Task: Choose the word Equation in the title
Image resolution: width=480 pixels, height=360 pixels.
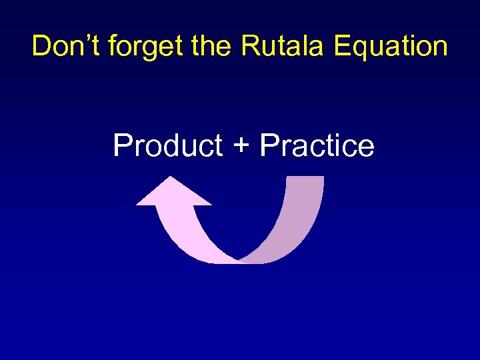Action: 391,46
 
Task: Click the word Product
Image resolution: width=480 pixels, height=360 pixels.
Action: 167,145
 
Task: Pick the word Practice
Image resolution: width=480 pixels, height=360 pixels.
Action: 317,145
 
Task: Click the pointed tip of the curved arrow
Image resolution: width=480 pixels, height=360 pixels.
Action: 172,179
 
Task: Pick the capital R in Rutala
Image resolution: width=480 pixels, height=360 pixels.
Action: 250,46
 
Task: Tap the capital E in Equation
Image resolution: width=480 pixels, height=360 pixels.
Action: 342,46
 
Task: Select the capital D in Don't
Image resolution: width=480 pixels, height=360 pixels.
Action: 41,46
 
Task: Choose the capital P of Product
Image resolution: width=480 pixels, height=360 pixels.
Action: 122,145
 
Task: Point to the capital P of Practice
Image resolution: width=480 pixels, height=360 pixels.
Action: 269,145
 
